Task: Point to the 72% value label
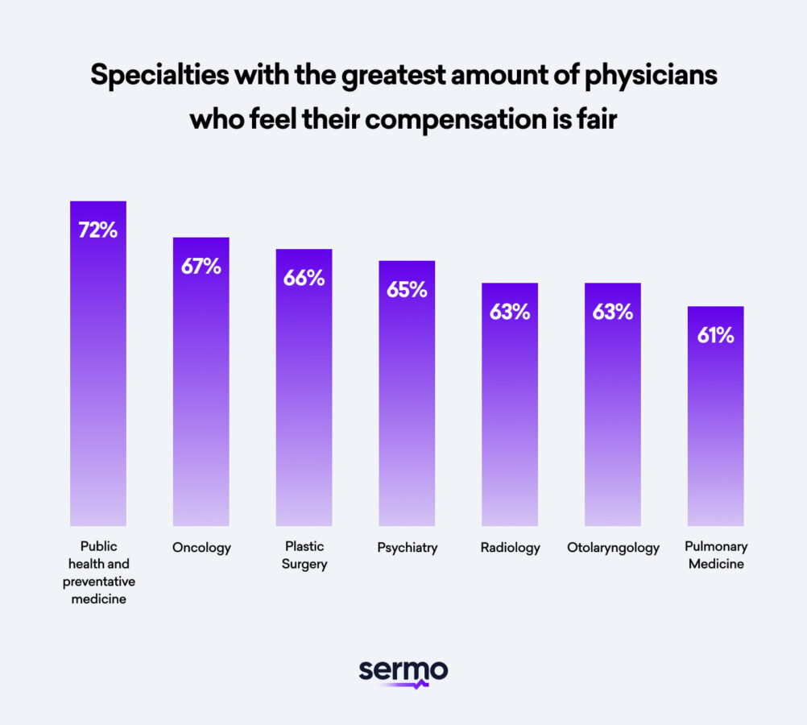point(98,230)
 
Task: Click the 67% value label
point(201,267)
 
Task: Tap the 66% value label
point(304,278)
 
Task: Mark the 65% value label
point(407,290)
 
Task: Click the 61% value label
point(715,335)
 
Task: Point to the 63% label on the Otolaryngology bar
point(613,312)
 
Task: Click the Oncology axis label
point(201,548)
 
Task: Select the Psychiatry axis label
point(407,548)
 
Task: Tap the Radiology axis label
point(510,548)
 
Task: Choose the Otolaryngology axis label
point(613,548)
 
